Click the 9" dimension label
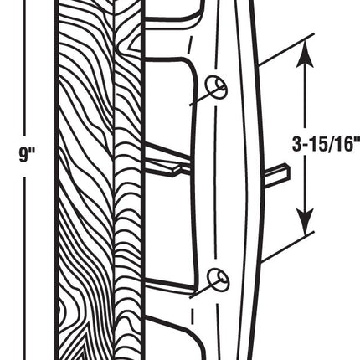(27, 155)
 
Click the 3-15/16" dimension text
(326, 144)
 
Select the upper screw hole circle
(216, 87)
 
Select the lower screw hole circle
(218, 280)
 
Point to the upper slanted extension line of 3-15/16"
(285, 50)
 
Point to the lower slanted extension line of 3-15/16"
(287, 247)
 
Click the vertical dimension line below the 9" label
(25, 268)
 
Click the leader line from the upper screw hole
(207, 96)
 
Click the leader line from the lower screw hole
(208, 289)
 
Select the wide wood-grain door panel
(85, 180)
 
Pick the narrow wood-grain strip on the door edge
(128, 180)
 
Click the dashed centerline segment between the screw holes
(216, 183)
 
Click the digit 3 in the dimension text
(297, 144)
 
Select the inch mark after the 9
(32, 151)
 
